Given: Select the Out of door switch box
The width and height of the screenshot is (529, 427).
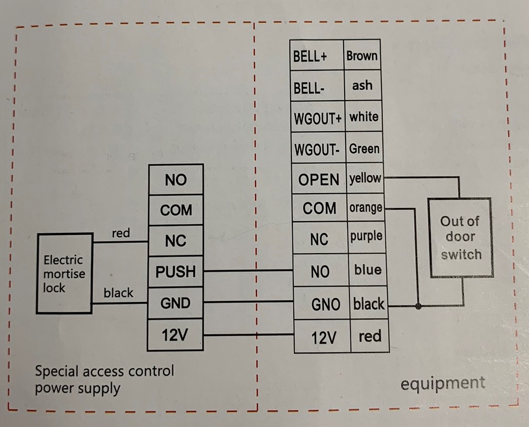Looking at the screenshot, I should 460,237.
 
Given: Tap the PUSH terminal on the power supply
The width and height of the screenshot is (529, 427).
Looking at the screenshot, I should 175,272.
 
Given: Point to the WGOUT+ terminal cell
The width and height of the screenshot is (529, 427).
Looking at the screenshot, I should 317,118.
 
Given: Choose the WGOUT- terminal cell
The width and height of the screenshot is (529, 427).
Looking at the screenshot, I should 317,150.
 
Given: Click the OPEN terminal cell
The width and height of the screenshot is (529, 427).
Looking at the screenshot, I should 318,179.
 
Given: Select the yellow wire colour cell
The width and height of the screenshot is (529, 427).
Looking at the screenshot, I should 365,178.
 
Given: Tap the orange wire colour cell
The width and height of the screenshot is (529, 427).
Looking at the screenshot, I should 366,208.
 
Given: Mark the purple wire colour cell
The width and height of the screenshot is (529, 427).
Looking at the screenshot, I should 366,237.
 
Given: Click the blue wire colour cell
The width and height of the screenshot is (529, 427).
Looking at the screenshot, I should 368,270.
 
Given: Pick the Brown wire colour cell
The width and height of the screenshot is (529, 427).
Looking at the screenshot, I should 362,55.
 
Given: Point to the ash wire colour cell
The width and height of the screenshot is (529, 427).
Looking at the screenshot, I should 362,86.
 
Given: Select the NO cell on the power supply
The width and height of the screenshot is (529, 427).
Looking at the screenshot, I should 175,180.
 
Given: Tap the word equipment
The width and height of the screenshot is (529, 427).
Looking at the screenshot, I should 442,384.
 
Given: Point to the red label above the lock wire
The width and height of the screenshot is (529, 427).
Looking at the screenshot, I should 121,233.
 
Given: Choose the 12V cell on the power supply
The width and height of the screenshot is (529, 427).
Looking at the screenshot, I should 175,335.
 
